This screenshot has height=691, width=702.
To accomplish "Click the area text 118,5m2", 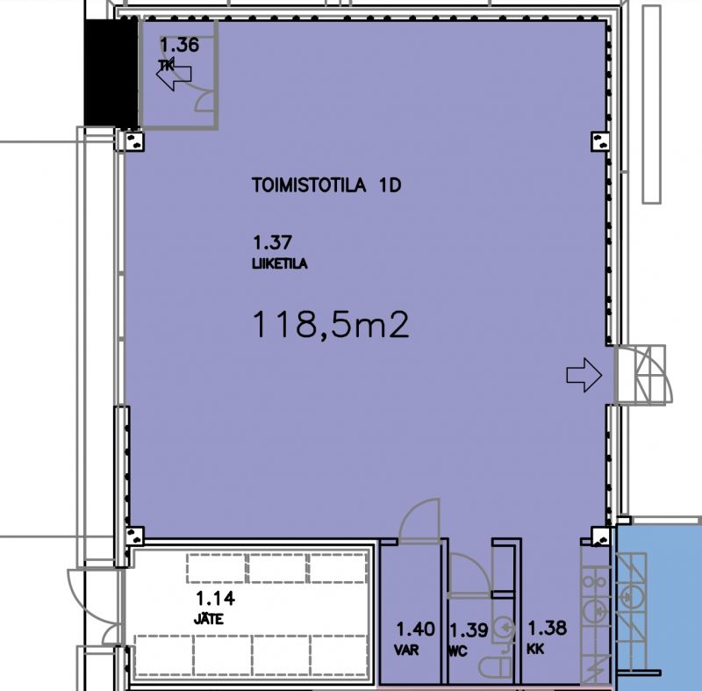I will coord(332,326).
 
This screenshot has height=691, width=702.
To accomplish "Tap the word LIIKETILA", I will coord(279,263).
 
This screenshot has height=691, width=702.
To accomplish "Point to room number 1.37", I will coord(271,242).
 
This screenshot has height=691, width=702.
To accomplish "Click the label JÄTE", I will coord(211,618).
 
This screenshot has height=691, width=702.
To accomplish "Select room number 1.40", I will coord(415,630).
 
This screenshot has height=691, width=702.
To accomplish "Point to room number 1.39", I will coord(468,630).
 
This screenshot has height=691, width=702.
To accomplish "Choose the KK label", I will coord(537,652).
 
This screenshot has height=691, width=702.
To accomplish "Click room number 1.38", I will coord(546,628).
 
